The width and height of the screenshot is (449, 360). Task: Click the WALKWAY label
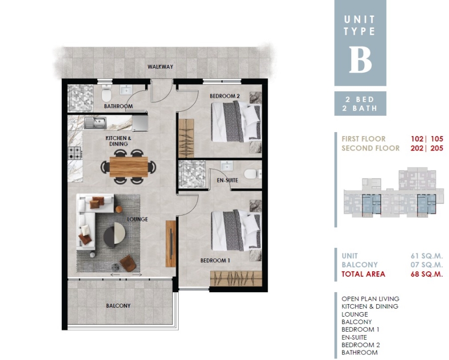click(160, 67)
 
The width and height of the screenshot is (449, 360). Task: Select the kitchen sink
click(96, 123)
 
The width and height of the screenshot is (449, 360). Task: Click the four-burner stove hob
click(75, 153)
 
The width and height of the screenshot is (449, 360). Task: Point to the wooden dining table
click(129, 167)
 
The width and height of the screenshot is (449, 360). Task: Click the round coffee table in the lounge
click(114, 235)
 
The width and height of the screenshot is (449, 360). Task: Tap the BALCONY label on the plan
click(118, 306)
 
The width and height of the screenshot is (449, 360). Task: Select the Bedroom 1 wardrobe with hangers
click(236, 279)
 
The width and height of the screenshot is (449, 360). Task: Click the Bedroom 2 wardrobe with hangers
click(186, 138)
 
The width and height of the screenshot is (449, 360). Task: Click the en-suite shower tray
click(192, 175)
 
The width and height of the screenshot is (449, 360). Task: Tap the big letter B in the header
click(360, 59)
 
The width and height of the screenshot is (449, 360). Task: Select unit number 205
click(437, 148)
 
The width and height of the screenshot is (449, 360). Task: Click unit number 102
click(417, 139)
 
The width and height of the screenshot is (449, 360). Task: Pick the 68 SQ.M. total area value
click(427, 274)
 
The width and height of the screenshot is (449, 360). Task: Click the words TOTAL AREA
click(363, 274)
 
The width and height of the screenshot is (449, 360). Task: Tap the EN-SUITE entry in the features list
click(354, 337)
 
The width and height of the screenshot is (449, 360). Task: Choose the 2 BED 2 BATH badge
click(360, 104)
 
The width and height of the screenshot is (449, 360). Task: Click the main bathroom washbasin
click(125, 90)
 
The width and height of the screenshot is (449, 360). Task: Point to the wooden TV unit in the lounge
click(171, 244)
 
